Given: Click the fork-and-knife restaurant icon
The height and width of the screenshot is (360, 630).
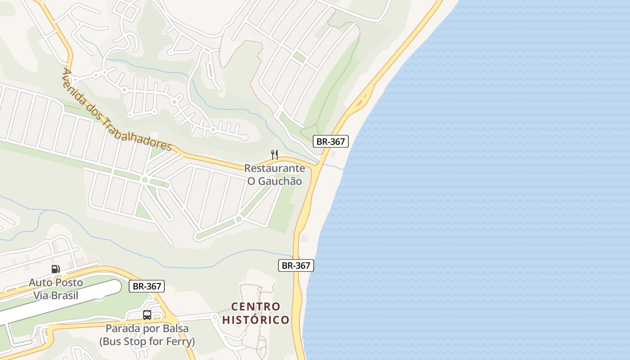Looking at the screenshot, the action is (x=274, y=155).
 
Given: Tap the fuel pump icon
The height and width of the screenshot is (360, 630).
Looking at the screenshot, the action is (x=56, y=269).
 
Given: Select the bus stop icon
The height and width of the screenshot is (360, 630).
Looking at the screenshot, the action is (x=147, y=315).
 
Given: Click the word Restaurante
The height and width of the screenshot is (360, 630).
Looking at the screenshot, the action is (x=274, y=168).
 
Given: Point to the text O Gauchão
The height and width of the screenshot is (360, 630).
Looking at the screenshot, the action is (x=274, y=181).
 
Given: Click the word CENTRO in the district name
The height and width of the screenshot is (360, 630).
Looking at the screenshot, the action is (x=256, y=307).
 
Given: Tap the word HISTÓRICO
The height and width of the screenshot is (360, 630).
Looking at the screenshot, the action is (x=256, y=320).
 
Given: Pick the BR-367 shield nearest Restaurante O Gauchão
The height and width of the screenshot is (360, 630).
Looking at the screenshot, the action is (x=331, y=141).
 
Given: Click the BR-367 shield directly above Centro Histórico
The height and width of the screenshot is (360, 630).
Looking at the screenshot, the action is (x=296, y=265).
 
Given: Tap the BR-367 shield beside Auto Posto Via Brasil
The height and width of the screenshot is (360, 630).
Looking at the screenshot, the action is (x=147, y=286).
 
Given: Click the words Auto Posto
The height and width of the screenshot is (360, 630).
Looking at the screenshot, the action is (x=56, y=283).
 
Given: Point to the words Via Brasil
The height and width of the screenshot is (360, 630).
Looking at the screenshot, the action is (x=56, y=296).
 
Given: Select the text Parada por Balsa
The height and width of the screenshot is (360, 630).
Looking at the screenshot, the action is (x=147, y=328).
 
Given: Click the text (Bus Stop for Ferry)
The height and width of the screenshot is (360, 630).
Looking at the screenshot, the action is (x=147, y=342).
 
